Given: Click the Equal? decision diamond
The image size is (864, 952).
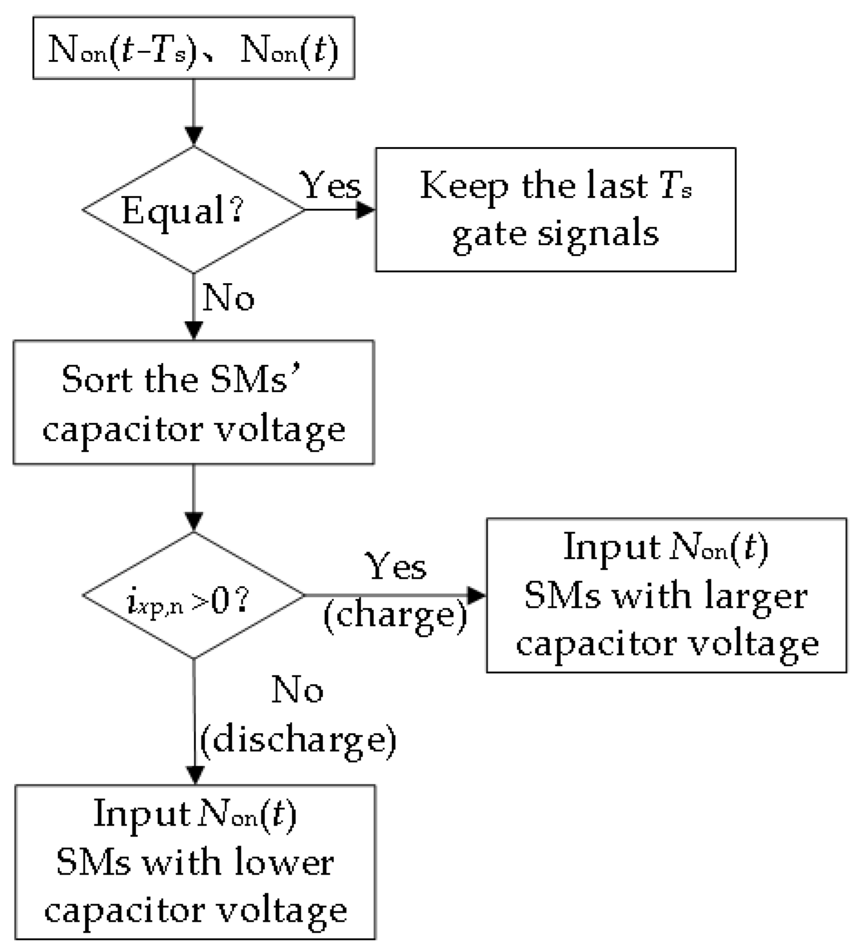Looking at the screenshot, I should tap(194, 210).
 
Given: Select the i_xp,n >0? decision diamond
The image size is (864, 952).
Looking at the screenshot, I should tap(194, 596).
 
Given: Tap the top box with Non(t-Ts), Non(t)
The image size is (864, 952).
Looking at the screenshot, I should tap(194, 48).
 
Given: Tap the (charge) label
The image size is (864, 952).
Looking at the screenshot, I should tap(396, 616).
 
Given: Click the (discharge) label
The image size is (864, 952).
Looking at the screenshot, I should tap(298, 739).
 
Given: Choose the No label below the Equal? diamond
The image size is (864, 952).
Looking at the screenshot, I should tap(228, 298).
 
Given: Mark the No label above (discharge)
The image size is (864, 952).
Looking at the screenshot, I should tap(297, 690).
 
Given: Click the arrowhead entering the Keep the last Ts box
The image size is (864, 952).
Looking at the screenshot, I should tap(366, 210).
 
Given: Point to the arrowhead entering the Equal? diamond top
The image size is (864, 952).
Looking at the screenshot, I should tap(194, 136).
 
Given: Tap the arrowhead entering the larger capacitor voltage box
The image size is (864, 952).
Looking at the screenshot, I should tap(477, 596).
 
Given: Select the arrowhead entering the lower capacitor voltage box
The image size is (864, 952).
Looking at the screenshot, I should tap(194, 775).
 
